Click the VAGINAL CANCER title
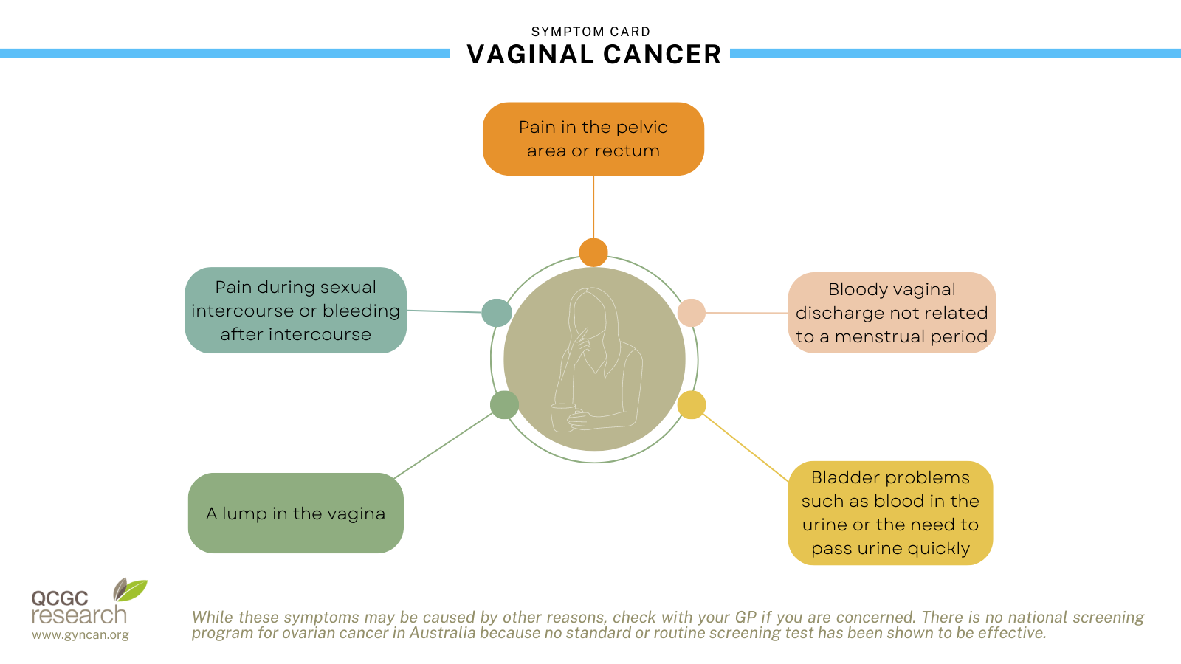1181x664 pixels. tap(593, 55)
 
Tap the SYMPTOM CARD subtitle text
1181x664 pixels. tap(590, 32)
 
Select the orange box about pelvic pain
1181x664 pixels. tap(593, 139)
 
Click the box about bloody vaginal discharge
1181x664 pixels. tap(892, 313)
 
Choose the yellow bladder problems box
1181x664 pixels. tap(890, 513)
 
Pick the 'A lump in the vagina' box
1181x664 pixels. tap(295, 513)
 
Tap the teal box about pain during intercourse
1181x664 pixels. tap(295, 311)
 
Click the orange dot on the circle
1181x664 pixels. tap(593, 252)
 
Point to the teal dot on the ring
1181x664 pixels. tap(497, 313)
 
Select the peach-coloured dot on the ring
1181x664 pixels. tap(691, 313)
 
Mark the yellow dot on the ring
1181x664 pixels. tap(692, 405)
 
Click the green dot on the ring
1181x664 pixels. tap(504, 405)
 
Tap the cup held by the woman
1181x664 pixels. tap(562, 417)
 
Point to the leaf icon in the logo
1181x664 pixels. tap(131, 589)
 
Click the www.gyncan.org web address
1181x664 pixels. tap(80, 634)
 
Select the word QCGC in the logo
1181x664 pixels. tap(59, 598)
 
